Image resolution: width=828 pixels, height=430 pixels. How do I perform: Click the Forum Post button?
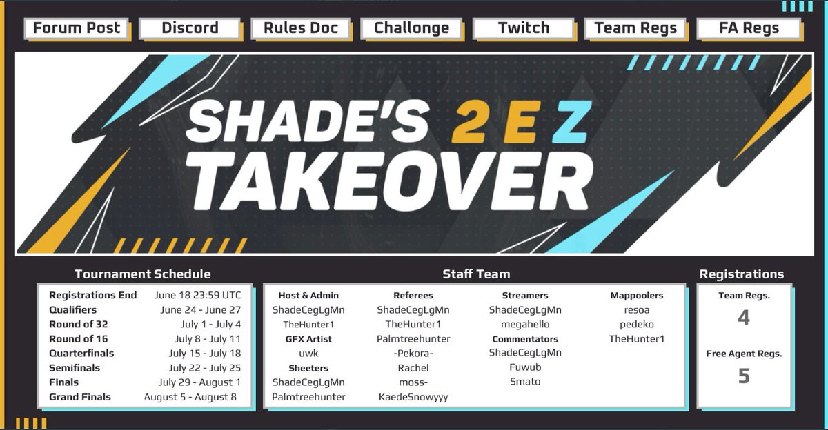[x=77, y=28]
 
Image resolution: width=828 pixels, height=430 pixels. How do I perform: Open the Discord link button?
[x=190, y=28]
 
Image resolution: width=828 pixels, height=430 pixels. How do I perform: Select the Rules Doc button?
[x=301, y=28]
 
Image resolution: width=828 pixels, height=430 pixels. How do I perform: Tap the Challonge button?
[x=411, y=28]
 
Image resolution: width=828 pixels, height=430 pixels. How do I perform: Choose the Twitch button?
[x=524, y=28]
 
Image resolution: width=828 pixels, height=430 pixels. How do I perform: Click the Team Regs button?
[x=635, y=28]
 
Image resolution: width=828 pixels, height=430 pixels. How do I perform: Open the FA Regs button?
[x=749, y=28]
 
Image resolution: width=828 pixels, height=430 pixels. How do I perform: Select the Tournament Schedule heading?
[x=143, y=274]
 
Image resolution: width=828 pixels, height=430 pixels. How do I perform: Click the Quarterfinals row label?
[x=81, y=353]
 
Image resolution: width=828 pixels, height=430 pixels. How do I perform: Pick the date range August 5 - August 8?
[x=190, y=397]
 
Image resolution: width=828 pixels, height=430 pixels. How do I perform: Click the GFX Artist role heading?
[x=308, y=339]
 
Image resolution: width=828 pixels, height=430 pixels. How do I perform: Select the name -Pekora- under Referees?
[x=413, y=354]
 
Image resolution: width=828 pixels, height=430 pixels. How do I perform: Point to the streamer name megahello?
[x=525, y=324]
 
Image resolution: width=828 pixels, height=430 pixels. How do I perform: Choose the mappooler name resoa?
[x=636, y=309]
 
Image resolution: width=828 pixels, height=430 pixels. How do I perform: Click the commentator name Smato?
[x=525, y=382]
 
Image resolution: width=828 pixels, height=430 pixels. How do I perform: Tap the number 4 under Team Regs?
[x=743, y=318]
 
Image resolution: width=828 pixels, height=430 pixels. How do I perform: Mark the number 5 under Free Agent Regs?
[x=743, y=376]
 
